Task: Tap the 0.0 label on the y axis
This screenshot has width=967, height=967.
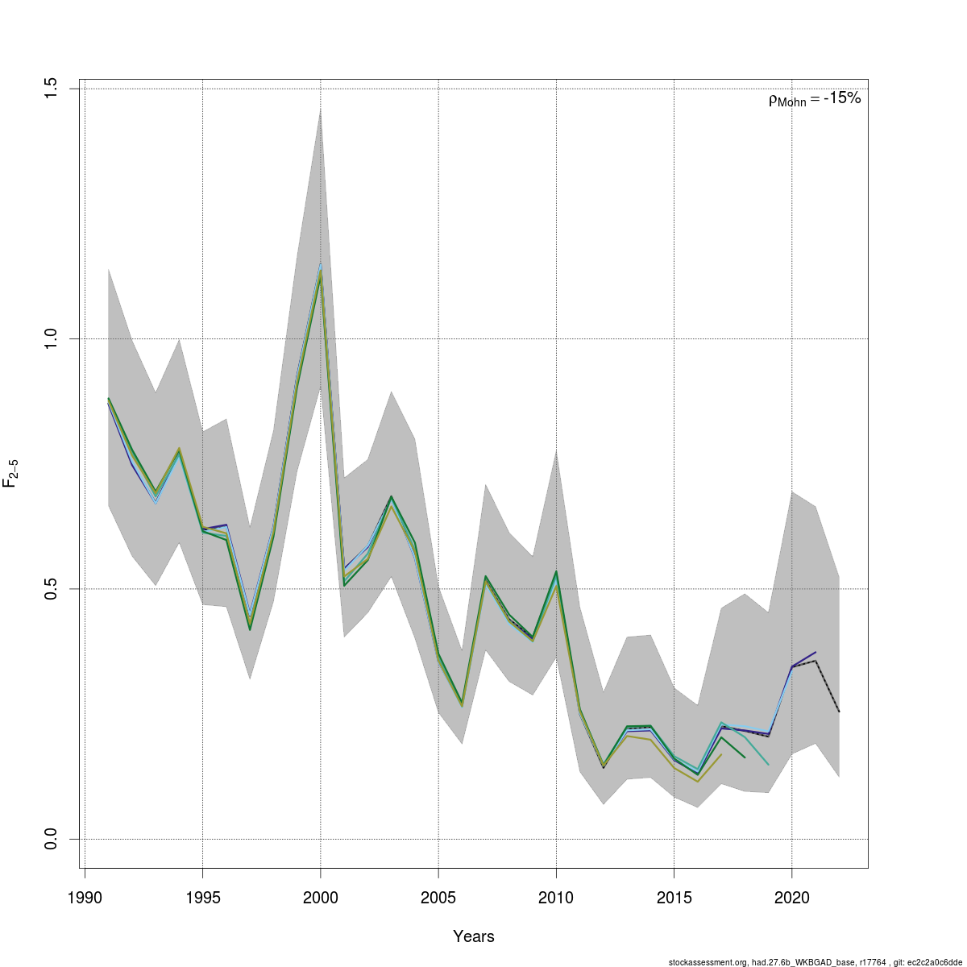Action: click(x=51, y=839)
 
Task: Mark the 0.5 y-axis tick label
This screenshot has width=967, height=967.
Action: click(x=51, y=589)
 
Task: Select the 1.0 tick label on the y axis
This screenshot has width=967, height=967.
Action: click(x=51, y=338)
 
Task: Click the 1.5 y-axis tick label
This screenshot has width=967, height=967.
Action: click(x=51, y=89)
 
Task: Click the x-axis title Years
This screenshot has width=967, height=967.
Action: click(x=474, y=936)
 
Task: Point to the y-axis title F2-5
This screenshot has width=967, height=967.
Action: click(x=11, y=473)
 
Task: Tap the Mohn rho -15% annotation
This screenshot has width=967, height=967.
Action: click(x=815, y=99)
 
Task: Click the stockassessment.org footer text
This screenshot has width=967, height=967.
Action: click(x=815, y=961)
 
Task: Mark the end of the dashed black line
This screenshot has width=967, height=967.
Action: click(x=839, y=712)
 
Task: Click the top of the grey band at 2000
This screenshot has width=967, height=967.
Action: click(x=321, y=110)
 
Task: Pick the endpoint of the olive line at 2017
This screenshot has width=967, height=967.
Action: click(x=721, y=754)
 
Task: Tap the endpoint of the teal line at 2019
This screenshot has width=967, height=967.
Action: click(x=769, y=765)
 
